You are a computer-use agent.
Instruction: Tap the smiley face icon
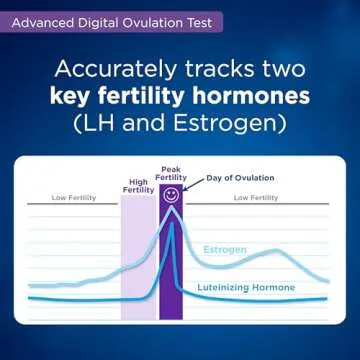coord(171,193)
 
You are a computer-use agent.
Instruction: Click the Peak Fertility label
coord(171,172)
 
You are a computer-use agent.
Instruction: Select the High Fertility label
coord(138,184)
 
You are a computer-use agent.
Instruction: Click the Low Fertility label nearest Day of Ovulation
coord(255,198)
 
